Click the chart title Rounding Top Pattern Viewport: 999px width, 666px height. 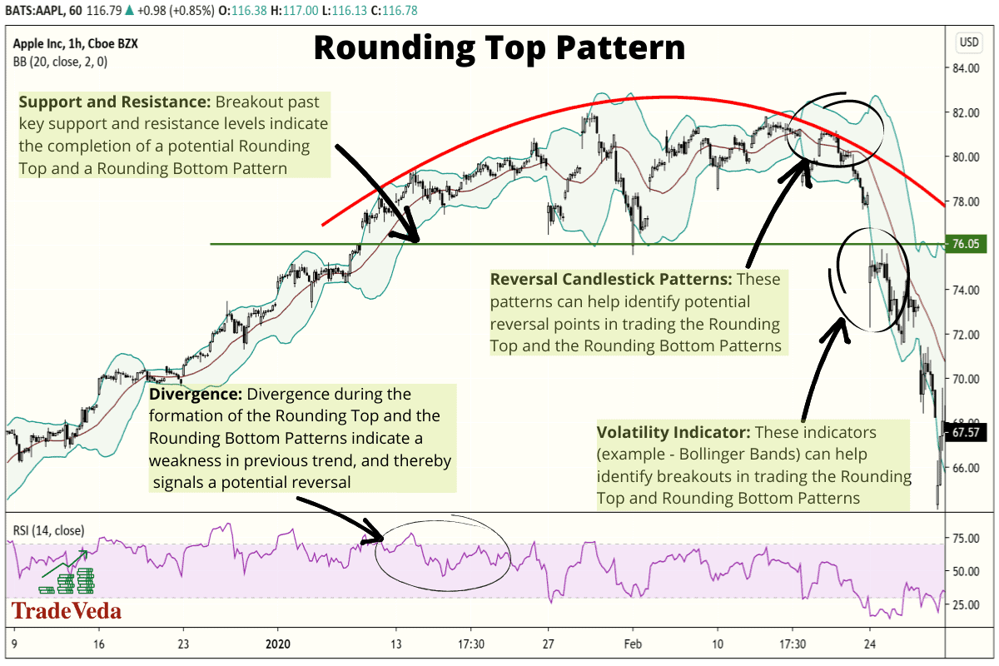pyautogui.click(x=499, y=48)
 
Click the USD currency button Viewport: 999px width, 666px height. pyautogui.click(x=969, y=42)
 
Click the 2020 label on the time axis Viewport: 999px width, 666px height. pyautogui.click(x=280, y=644)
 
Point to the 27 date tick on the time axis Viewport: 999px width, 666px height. pyautogui.click(x=549, y=644)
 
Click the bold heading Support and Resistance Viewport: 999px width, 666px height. pyautogui.click(x=114, y=102)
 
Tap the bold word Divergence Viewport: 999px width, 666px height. pyautogui.click(x=196, y=394)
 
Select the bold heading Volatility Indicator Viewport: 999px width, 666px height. pyautogui.click(x=672, y=433)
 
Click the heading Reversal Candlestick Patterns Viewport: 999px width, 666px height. pyautogui.click(x=611, y=279)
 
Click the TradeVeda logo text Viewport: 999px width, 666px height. pyautogui.click(x=66, y=612)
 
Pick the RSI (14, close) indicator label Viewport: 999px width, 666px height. pyautogui.click(x=47, y=529)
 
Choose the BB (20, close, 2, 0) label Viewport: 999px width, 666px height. pyautogui.click(x=60, y=61)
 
